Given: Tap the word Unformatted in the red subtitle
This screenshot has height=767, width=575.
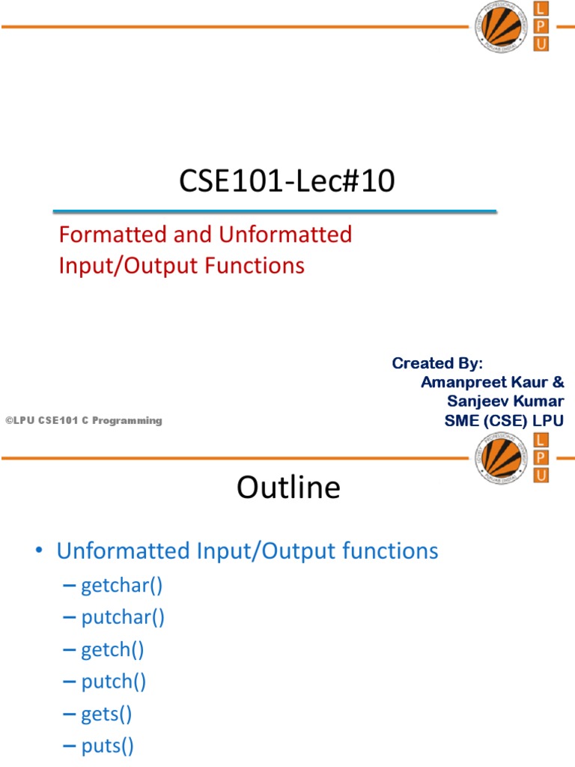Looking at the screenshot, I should click(x=285, y=234).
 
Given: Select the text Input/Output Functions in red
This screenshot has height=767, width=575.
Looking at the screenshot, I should click(x=182, y=266).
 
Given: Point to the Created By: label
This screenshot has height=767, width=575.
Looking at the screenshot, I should click(x=438, y=363).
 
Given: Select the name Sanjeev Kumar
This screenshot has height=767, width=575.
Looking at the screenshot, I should click(x=505, y=401).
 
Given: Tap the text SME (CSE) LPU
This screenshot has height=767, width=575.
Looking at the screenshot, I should click(x=504, y=421).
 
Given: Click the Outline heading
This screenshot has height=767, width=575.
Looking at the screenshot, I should click(x=288, y=488).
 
